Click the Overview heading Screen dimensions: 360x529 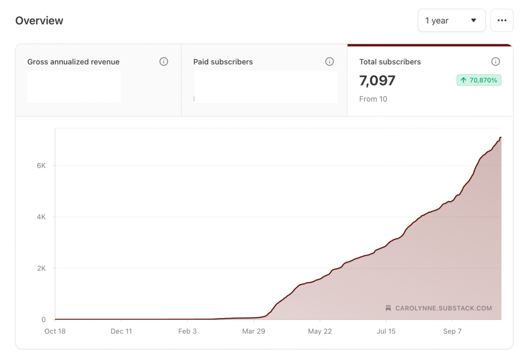(39, 21)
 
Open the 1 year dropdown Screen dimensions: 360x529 (451, 20)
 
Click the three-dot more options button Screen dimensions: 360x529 (502, 20)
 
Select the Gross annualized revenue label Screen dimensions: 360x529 (73, 62)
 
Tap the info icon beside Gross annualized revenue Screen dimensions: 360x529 (164, 62)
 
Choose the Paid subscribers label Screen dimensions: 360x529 (223, 62)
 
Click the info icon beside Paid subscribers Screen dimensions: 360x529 (329, 62)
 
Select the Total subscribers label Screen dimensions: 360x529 (390, 62)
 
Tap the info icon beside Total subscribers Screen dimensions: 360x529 (495, 62)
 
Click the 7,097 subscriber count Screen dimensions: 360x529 (377, 81)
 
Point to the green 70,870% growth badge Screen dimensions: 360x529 (479, 80)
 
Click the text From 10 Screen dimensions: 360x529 (373, 99)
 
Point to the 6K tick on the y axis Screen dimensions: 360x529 (41, 165)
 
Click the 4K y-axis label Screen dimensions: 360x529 (41, 217)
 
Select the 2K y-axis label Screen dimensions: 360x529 (41, 268)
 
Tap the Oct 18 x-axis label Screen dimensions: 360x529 (55, 331)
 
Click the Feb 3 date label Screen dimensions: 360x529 (187, 331)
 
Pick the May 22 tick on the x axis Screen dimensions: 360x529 (320, 331)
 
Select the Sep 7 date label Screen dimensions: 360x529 (452, 331)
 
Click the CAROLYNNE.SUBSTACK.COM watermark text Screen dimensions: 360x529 (443, 308)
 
